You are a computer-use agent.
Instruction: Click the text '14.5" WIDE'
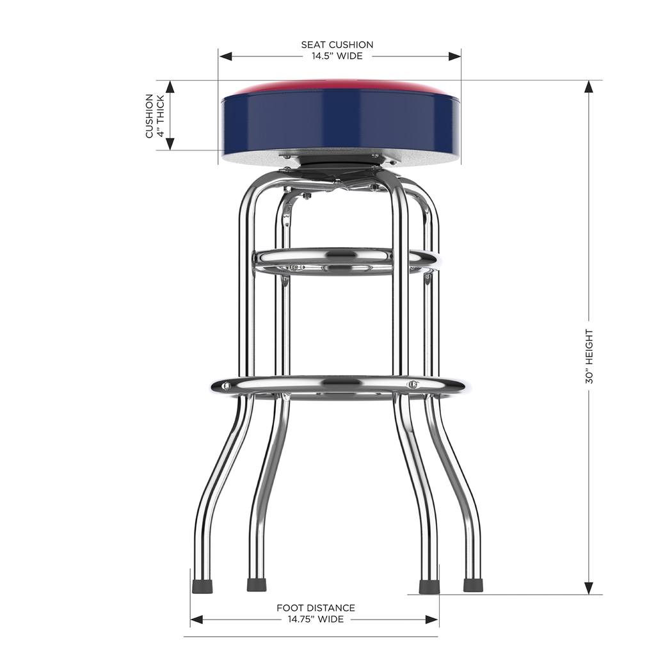pos(337,56)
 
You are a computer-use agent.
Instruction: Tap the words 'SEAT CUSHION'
pos(337,45)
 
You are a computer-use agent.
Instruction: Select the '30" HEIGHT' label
pos(589,356)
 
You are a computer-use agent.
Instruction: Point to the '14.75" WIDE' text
pos(316,619)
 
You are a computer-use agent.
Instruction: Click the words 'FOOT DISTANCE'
pos(316,608)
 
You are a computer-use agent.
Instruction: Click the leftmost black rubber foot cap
pos(202,586)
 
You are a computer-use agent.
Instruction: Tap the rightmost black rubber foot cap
pos(473,586)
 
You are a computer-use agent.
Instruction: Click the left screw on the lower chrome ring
pos(225,386)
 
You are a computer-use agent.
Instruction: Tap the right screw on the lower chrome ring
pos(413,385)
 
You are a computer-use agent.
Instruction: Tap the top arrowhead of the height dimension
pos(589,87)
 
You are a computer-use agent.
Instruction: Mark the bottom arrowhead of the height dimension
pos(589,588)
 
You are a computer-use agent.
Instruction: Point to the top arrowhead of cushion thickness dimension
pos(170,87)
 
